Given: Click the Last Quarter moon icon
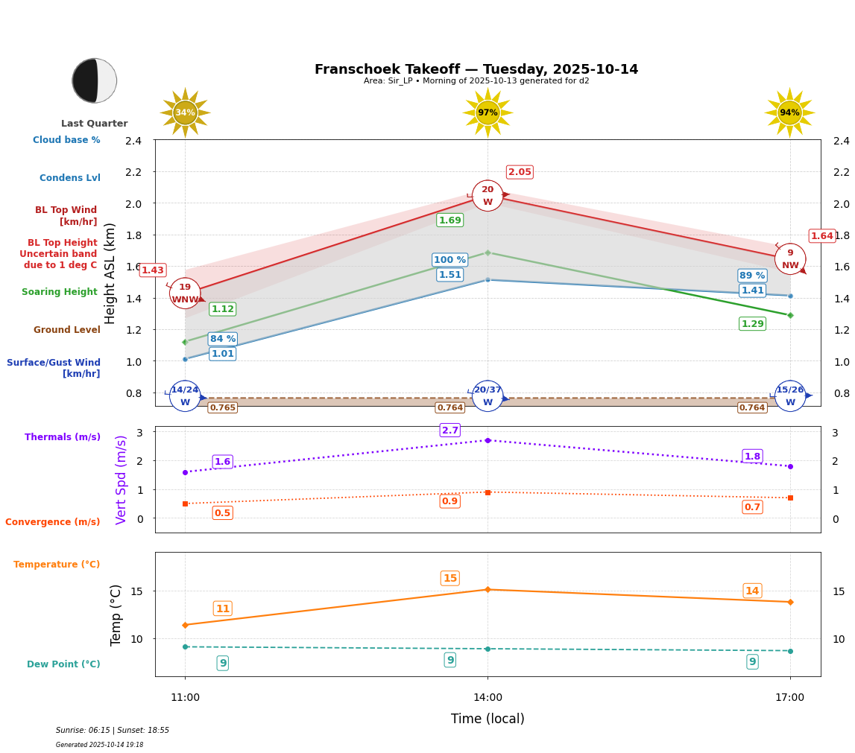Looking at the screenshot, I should (x=95, y=80).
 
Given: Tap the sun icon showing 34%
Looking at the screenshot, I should (x=185, y=112).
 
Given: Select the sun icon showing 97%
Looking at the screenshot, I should (x=488, y=112).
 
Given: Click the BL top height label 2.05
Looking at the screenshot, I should (x=520, y=172).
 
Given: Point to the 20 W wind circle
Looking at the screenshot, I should (x=488, y=196).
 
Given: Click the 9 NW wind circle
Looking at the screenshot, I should (x=790, y=259).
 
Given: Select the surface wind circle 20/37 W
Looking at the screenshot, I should (x=488, y=396).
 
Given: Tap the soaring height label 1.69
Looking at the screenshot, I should (x=450, y=220).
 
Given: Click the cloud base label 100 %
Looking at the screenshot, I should (x=450, y=260).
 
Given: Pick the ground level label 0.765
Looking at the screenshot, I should (x=222, y=407).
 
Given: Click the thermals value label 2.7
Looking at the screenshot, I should (x=450, y=430).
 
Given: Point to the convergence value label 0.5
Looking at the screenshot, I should (x=222, y=513).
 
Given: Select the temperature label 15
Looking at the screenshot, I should (x=450, y=579).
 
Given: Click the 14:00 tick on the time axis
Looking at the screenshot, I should (x=488, y=698).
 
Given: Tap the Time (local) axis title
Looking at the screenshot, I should (x=488, y=719).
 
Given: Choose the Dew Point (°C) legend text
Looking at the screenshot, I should (x=63, y=664).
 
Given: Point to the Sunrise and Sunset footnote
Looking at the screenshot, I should (x=113, y=731).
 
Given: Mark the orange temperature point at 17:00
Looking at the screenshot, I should (x=790, y=602).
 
